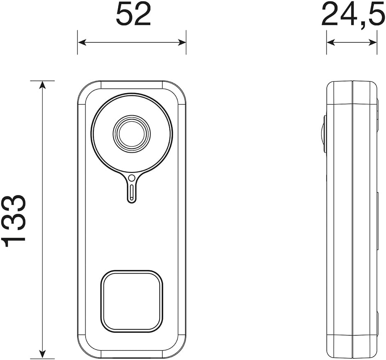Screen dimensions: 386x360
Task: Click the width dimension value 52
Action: [133, 15]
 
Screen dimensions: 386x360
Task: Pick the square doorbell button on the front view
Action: [132, 302]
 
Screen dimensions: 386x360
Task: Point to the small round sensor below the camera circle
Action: [132, 178]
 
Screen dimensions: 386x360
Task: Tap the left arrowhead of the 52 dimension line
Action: [82, 42]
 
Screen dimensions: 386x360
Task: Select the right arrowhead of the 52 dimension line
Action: [181, 42]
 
